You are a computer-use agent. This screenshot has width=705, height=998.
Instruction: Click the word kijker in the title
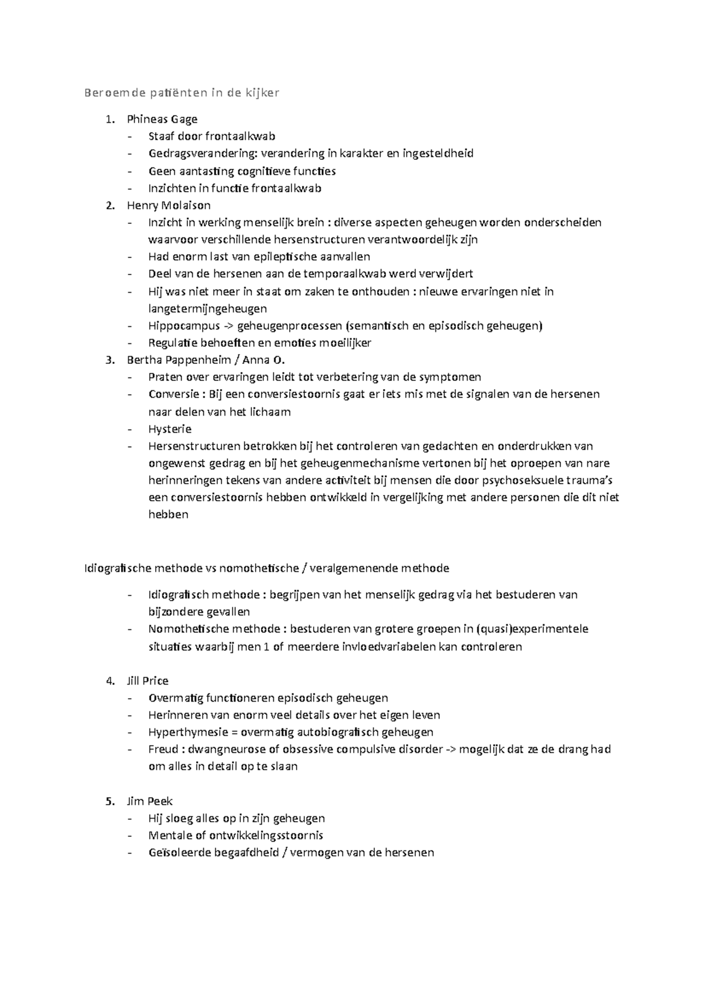coord(259,92)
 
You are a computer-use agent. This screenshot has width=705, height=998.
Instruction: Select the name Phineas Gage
coord(162,119)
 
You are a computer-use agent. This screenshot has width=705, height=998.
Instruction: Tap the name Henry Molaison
coord(168,205)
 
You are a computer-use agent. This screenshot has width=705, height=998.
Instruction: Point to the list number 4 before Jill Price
coord(109,681)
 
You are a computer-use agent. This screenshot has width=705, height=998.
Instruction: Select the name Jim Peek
coord(149,801)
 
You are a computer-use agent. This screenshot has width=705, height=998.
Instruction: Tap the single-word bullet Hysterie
coord(170,428)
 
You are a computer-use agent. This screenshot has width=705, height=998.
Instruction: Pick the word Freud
coord(162,749)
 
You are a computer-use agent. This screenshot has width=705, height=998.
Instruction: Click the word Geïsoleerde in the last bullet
coord(179,853)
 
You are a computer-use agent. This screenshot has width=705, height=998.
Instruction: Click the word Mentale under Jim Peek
coord(170,836)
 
